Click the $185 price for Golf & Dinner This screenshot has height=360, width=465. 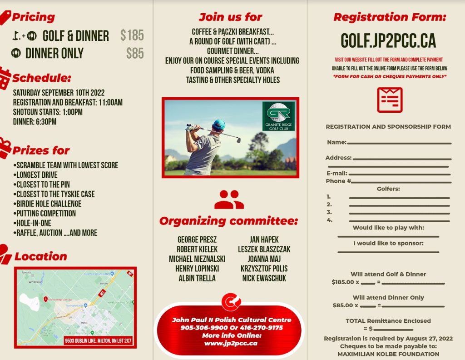132,35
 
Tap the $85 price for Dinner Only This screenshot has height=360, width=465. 135,53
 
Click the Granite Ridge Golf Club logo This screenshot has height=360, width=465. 278,116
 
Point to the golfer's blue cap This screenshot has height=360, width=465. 219,124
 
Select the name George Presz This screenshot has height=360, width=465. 197,240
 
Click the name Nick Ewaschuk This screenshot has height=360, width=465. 264,278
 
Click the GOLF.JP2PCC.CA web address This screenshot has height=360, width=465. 388,41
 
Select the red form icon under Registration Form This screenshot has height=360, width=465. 390,100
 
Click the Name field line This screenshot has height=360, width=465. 399,143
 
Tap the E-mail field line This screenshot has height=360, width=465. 400,174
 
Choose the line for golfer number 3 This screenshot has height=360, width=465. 399,213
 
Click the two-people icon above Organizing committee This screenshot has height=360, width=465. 229,200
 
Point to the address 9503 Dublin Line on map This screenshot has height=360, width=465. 98,340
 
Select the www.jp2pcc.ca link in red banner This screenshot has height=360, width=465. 231,343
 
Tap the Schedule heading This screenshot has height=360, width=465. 42,78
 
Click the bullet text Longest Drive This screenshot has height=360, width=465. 37,175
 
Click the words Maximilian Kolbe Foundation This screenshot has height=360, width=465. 388,354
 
